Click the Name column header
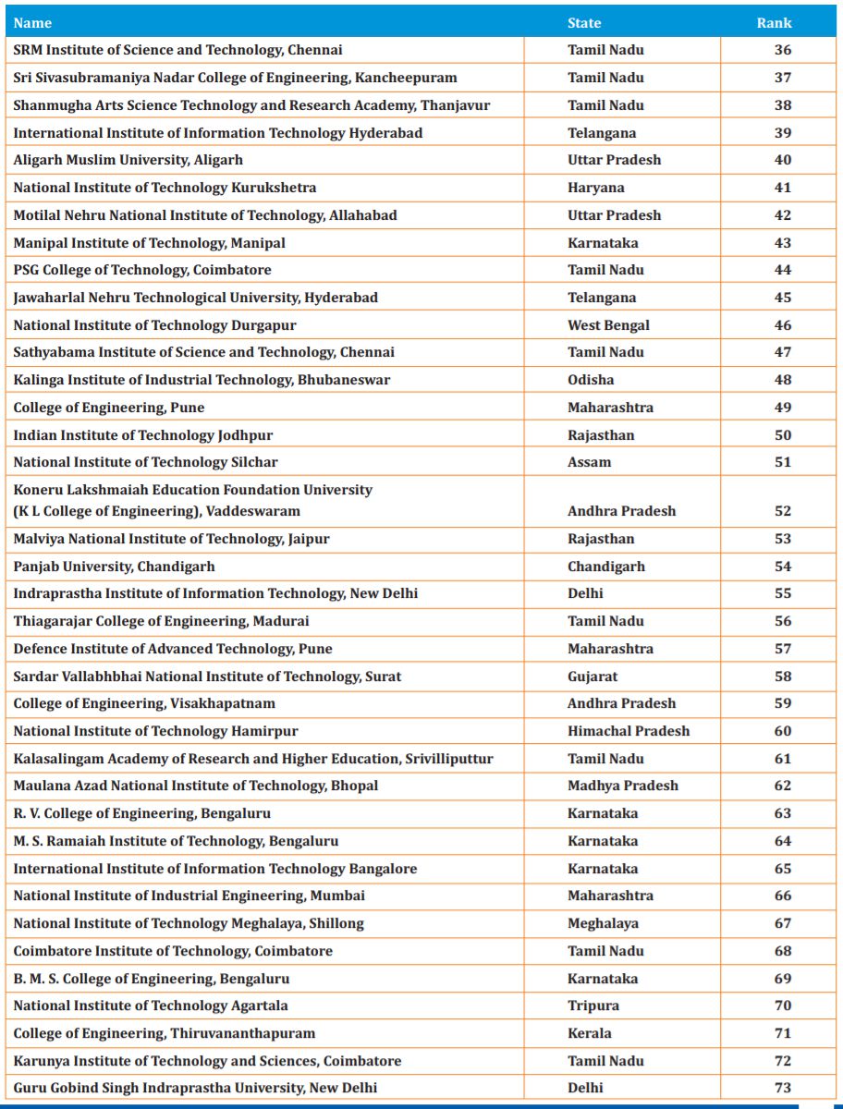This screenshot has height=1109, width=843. click(x=32, y=23)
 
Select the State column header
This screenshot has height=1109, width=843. click(x=584, y=23)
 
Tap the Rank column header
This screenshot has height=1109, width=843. click(x=774, y=23)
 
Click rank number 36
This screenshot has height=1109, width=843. click(x=782, y=50)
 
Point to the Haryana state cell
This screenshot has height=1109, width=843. click(x=595, y=188)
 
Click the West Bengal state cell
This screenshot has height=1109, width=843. click(x=608, y=325)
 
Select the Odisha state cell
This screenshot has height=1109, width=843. click(x=591, y=380)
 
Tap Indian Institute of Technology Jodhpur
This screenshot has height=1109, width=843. click(x=143, y=435)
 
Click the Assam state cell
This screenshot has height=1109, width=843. click(x=589, y=462)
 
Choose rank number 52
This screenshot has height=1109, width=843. click(x=782, y=511)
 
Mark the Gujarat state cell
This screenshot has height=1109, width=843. click(x=593, y=676)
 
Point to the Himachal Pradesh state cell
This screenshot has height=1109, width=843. click(x=629, y=731)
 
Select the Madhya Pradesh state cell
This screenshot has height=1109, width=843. click(x=623, y=786)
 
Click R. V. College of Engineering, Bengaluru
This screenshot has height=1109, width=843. click(x=141, y=813)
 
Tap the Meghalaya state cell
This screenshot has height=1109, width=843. click(x=603, y=923)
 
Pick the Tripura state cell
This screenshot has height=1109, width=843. click(x=593, y=1005)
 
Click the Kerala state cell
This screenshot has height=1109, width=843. click(x=590, y=1033)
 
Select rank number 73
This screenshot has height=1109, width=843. click(x=782, y=1088)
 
